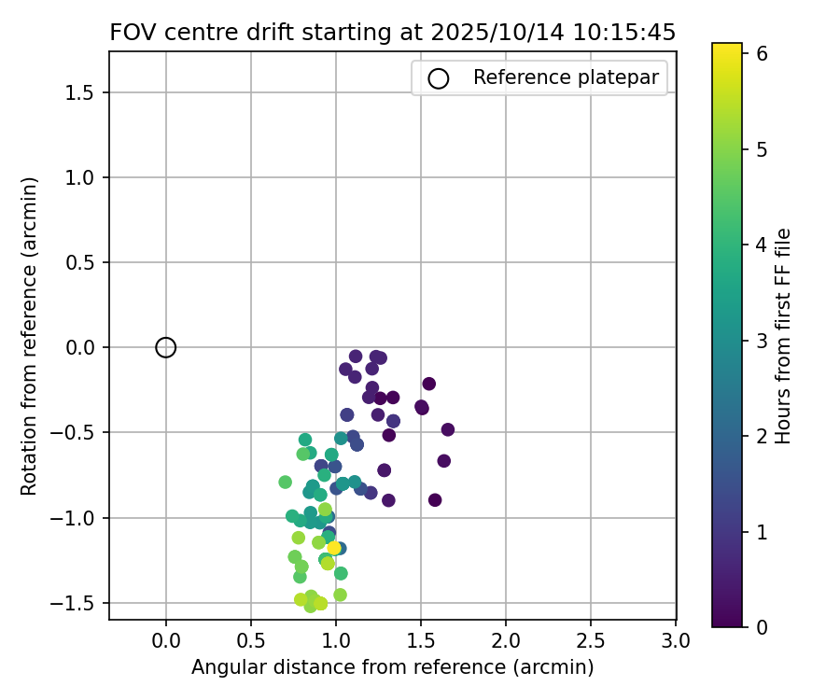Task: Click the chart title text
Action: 392,33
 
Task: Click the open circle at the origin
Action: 166,347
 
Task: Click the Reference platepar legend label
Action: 566,77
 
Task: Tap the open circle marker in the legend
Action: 439,78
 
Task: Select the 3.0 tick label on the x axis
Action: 676,641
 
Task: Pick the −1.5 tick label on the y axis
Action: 78,603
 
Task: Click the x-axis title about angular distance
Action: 392,667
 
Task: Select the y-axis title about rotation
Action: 29,336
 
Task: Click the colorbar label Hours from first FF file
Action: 784,336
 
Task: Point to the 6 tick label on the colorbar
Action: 761,53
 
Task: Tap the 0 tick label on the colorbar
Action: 761,626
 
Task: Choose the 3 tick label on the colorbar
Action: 761,340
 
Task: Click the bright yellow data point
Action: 334,548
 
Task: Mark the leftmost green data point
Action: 286,482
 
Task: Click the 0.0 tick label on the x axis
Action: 166,641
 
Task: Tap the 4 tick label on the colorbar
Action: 761,245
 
